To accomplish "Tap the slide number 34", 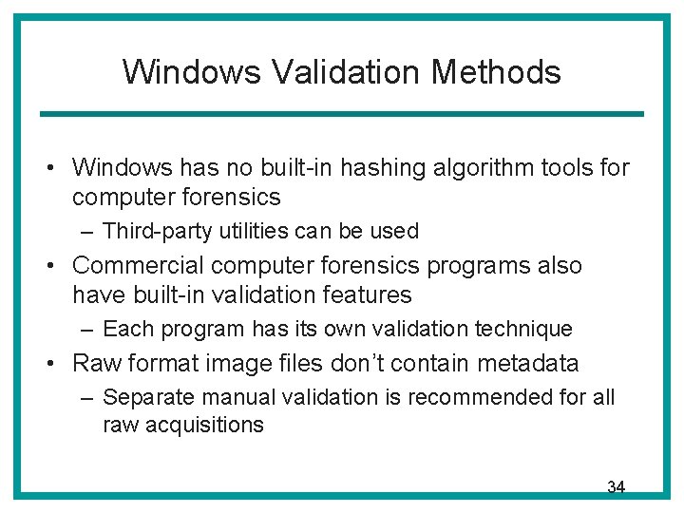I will point(616,487).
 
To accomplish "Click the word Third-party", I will point(156,231).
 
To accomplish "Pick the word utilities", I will point(250,231).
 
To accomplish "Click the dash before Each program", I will point(87,330).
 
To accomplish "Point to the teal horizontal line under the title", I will point(341,114).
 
